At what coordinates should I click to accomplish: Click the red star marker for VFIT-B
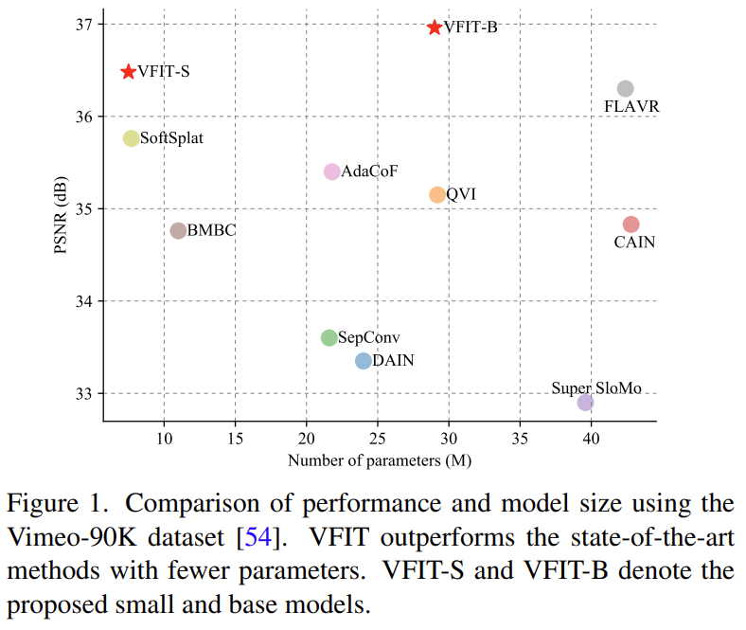(x=435, y=27)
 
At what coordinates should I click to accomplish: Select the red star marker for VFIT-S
(x=129, y=72)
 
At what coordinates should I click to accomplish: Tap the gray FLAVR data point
(x=625, y=89)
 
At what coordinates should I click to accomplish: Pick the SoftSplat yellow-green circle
(x=132, y=138)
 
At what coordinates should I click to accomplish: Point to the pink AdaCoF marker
(x=332, y=171)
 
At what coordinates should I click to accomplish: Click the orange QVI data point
(x=437, y=194)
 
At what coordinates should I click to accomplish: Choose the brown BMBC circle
(x=178, y=230)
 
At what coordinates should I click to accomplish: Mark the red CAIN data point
(x=631, y=225)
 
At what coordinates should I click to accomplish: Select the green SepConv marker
(x=329, y=337)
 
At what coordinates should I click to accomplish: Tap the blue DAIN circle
(x=364, y=361)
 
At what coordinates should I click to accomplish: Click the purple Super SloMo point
(x=586, y=403)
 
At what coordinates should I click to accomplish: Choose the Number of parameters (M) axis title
(x=380, y=461)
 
